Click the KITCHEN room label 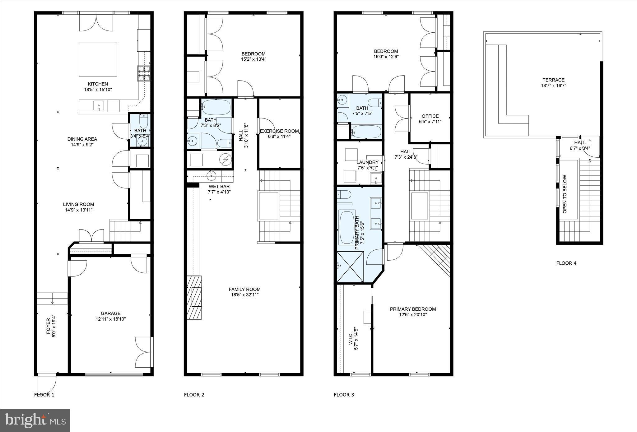coord(98,84)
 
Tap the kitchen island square coord(98,59)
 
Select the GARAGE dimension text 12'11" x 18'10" coord(111,319)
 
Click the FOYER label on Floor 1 coord(48,326)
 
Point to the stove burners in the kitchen coord(144,73)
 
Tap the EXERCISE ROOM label coord(279,131)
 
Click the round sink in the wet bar coord(212,176)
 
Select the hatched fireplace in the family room coord(194,297)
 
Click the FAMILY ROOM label coord(244,289)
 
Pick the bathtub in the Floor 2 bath coord(216,107)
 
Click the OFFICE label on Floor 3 coord(430,116)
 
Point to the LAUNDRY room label coord(367,162)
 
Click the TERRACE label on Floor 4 coord(553,80)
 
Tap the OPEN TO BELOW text coord(565,194)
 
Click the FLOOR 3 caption coord(344,395)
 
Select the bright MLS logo coord(35,420)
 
